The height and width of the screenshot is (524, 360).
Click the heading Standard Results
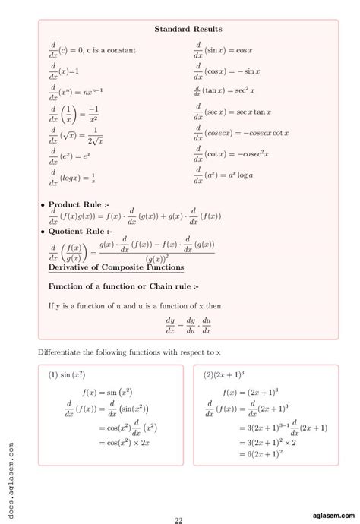(x=188, y=29)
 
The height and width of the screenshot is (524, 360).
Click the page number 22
(x=178, y=519)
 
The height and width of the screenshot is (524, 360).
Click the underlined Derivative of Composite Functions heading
(x=116, y=267)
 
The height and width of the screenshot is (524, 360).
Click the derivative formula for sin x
(x=226, y=51)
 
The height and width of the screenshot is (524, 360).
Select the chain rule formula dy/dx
(x=188, y=326)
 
